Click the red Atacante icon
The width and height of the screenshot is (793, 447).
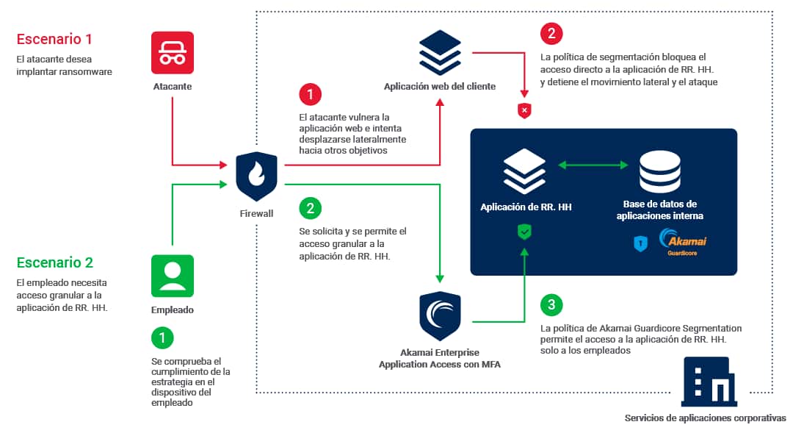click(173, 53)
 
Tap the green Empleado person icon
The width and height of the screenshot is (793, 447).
click(173, 276)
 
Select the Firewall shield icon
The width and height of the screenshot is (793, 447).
click(256, 177)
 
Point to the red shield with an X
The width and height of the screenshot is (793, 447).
click(524, 111)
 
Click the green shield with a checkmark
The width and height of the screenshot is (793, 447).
click(524, 233)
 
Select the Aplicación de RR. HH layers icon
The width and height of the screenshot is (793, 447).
click(524, 171)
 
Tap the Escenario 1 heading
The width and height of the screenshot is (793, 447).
click(54, 39)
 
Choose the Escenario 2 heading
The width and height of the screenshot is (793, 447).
click(55, 262)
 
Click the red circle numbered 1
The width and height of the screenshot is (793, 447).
click(311, 95)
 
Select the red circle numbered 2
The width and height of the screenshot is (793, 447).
click(551, 34)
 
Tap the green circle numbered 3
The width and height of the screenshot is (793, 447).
click(551, 305)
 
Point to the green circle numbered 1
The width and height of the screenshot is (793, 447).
click(162, 337)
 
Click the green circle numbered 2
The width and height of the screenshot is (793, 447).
click(311, 208)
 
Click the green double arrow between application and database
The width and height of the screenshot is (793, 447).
click(592, 166)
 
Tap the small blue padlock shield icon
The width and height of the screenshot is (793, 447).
click(640, 243)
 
